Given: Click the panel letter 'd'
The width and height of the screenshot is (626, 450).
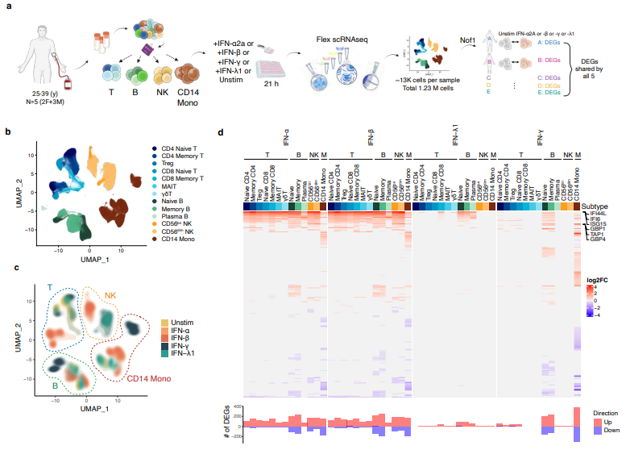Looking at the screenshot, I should (222, 132).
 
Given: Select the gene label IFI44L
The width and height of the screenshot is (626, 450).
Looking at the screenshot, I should (597, 213).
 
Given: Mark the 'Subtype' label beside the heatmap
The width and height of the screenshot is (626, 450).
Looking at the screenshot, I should (597, 206).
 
